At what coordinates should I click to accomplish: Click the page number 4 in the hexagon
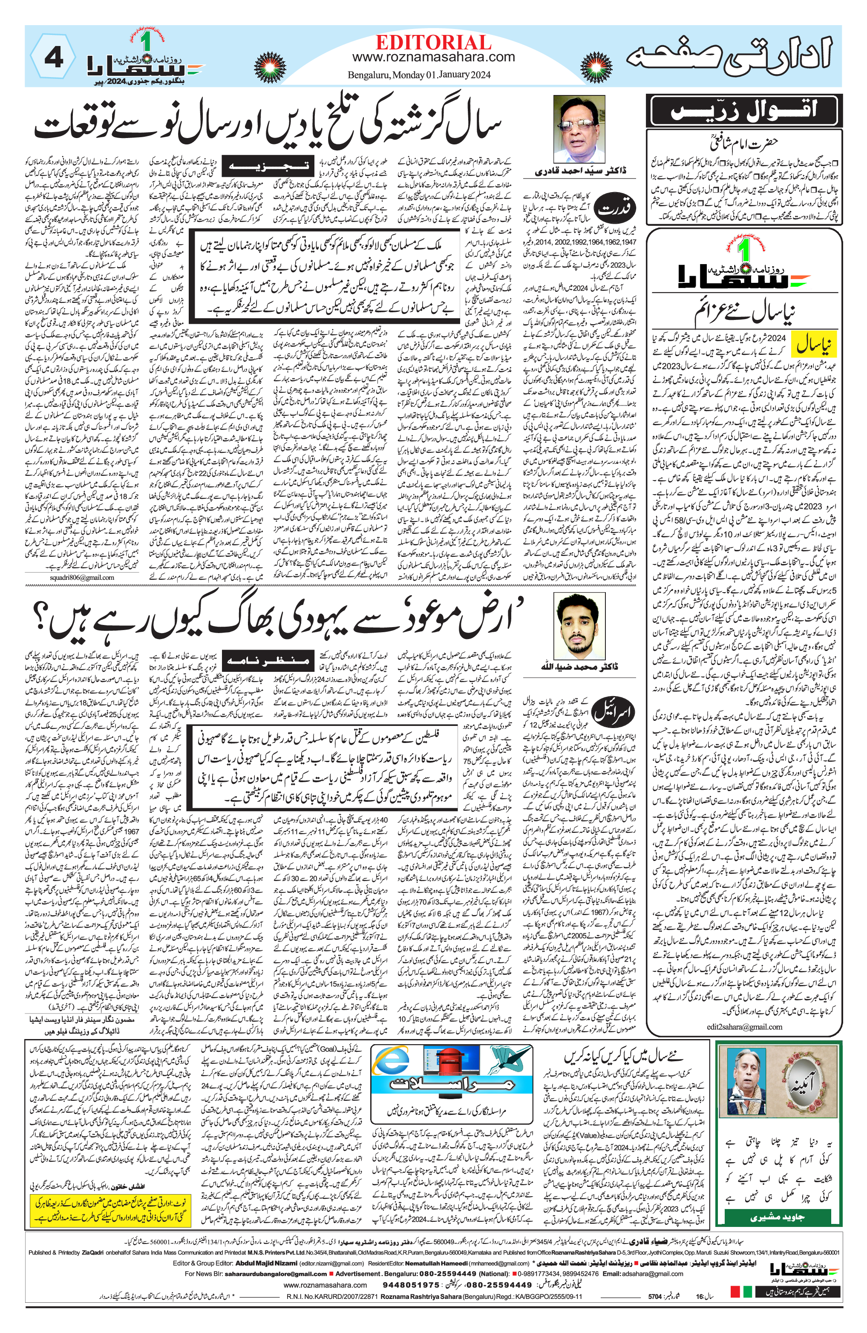(x=54, y=58)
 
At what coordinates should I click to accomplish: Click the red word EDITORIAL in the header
(x=433, y=43)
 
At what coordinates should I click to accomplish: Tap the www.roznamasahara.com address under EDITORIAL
(x=433, y=57)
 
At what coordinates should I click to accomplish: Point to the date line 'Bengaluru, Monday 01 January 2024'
(x=419, y=75)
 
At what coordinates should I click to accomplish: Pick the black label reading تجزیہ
(x=268, y=166)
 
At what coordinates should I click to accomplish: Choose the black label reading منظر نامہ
(x=267, y=660)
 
